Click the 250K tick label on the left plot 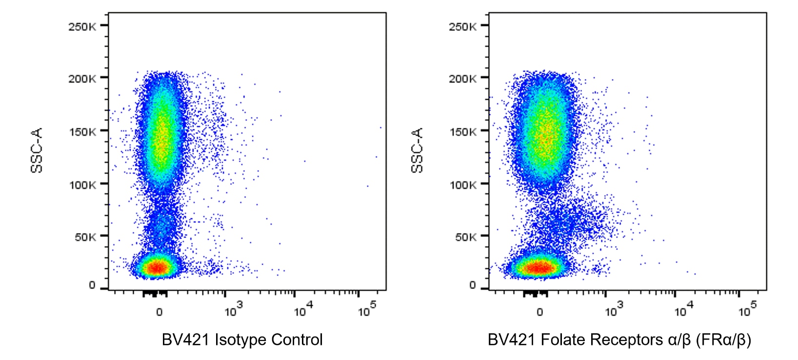pos(82,26)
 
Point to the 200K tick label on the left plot pos(82,79)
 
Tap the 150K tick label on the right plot pos(462,132)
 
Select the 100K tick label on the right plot pos(462,185)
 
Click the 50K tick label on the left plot pos(85,237)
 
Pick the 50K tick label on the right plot pos(465,237)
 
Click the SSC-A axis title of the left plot pos(37,150)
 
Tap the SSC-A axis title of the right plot pos(417,150)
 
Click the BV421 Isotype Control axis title pos(242,340)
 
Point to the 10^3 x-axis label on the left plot pos(233,310)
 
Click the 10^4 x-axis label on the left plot pos(303,310)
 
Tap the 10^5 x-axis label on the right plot pos(747,310)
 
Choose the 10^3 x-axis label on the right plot pos(614,310)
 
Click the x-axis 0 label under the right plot pos(539,312)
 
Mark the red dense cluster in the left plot pos(157,267)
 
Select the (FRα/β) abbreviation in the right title pos(723,340)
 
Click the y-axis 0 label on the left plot pos(92,286)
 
